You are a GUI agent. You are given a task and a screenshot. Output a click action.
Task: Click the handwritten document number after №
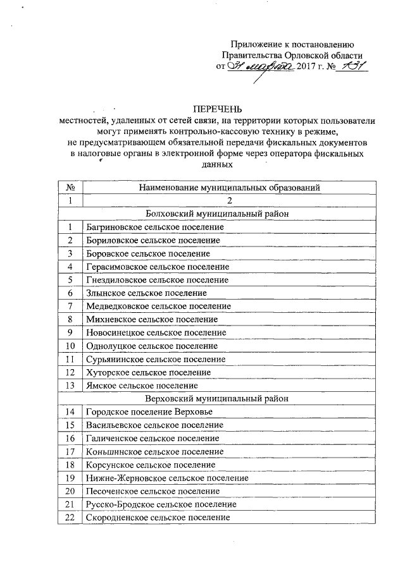pos(352,66)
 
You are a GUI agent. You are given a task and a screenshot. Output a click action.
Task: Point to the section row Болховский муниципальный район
pos(217,214)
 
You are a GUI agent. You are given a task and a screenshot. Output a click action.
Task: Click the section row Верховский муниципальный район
pos(217,398)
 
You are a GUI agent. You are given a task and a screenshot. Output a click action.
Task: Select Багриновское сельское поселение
pos(155,226)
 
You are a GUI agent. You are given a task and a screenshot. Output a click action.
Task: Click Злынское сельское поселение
pos(146,293)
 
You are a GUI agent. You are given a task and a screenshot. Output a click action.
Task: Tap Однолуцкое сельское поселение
pos(153,346)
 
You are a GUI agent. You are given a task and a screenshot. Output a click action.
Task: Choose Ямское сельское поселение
pos(142,386)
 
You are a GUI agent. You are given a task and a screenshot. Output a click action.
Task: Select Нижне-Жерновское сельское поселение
pos(167,478)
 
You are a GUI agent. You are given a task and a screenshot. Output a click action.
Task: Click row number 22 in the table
pos(71,518)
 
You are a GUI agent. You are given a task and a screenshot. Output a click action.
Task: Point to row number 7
pos(71,306)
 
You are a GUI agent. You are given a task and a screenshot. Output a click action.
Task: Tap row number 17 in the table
pos(71,451)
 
